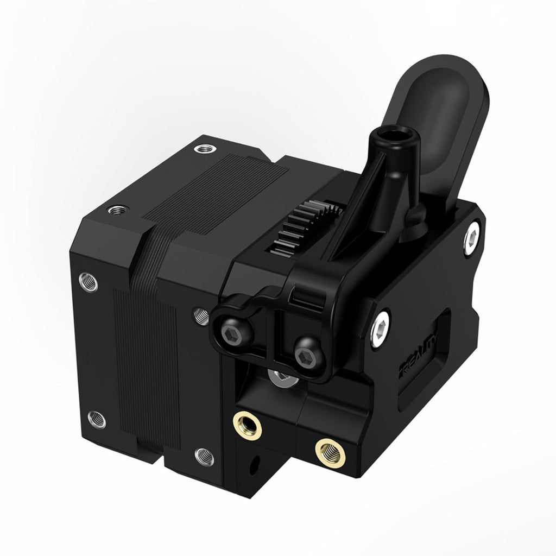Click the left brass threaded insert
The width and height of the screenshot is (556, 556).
coord(248,424)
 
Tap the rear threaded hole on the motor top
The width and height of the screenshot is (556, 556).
coord(205,148)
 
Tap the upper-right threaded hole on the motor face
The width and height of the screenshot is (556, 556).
coord(200,313)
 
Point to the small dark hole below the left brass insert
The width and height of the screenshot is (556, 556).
coord(253,466)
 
